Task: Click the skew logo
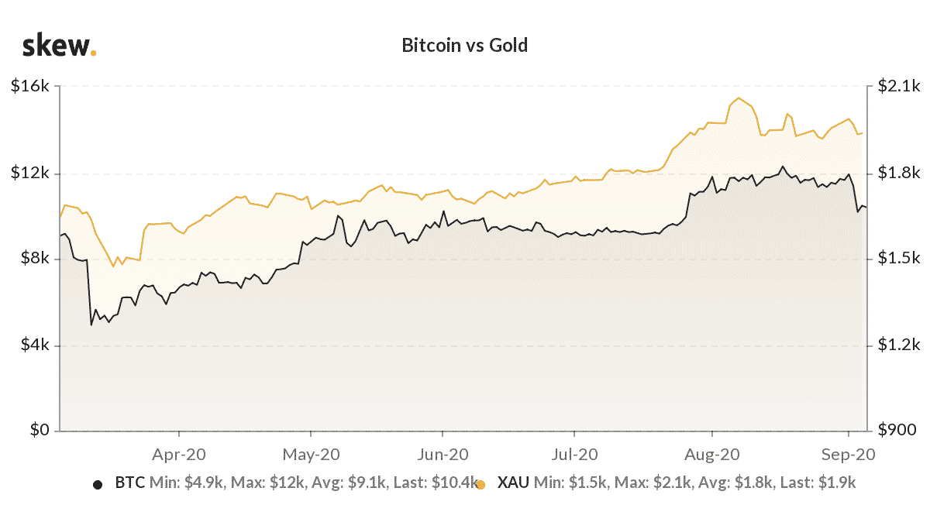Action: coord(59,46)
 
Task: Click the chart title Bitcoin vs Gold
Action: coord(464,45)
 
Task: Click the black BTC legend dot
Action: coord(98,484)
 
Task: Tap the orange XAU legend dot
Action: coord(480,484)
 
